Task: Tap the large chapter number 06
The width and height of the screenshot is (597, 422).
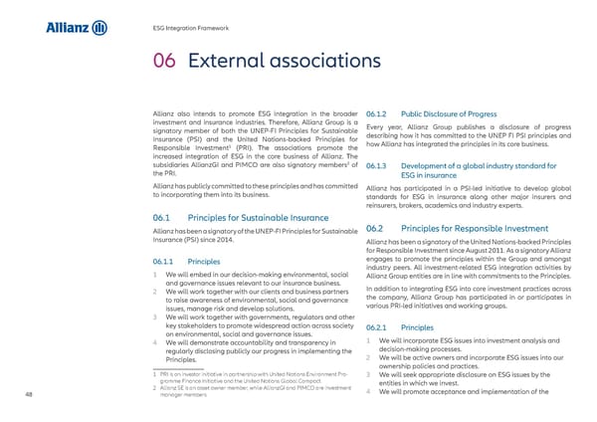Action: pyautogui.click(x=165, y=64)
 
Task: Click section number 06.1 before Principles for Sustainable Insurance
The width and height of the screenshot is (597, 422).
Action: pyautogui.click(x=164, y=220)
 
